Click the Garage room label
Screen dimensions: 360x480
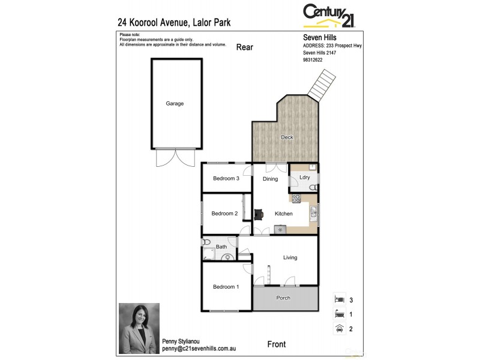[175, 103]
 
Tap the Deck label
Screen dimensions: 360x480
[287, 137]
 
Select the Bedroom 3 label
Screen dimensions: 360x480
[226, 178]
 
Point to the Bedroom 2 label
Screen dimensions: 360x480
[225, 214]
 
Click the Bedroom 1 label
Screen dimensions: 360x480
[226, 287]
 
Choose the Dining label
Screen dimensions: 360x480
[270, 179]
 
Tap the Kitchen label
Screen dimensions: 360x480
[283, 214]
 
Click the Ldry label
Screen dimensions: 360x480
[304, 177]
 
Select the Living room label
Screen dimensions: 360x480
[290, 257]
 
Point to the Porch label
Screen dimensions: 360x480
[283, 298]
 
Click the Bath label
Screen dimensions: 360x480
[221, 247]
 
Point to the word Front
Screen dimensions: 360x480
[277, 344]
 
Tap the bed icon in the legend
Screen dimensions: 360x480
[340, 299]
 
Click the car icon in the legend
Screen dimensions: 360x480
[340, 328]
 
